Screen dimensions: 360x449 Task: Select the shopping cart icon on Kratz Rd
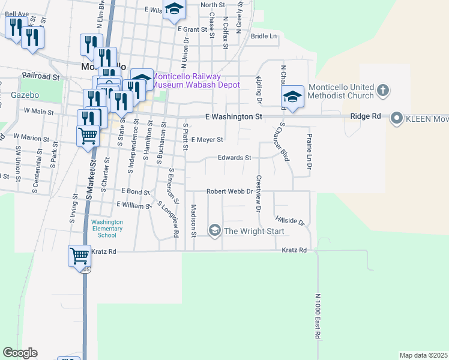point(79,256)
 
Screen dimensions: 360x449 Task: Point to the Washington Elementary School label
point(107,229)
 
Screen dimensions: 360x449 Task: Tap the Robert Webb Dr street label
point(228,191)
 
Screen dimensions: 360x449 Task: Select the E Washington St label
point(234,116)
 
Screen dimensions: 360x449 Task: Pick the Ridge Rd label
point(366,116)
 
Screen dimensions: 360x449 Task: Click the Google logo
point(20,353)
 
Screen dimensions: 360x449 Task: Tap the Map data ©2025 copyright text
point(424,355)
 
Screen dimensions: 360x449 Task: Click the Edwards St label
point(234,158)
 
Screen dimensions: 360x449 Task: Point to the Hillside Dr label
point(290,221)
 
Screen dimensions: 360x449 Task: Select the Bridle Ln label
point(264,36)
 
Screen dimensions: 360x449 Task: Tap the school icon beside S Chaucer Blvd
point(292,97)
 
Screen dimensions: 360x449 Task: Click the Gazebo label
point(25,95)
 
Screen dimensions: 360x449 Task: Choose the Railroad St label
point(41,77)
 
